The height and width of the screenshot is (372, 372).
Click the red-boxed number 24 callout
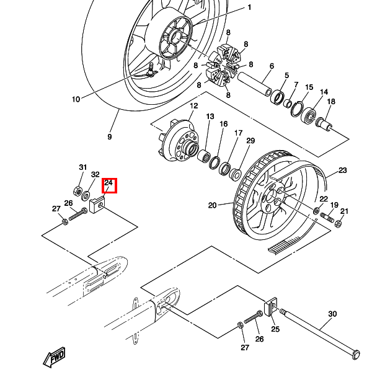109,185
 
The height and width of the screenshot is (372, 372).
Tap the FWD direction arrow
55,357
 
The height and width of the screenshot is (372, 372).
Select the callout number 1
249,7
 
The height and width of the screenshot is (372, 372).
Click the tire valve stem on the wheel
151,70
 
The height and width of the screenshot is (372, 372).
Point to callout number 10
76,99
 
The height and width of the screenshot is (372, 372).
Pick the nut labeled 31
77,190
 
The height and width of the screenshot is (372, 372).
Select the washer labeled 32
86,196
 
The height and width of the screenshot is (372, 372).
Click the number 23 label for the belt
342,170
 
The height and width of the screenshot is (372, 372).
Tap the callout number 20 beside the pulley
212,205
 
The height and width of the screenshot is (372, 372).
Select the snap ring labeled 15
297,109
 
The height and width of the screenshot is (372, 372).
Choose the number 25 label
275,329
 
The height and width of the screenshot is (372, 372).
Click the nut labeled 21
338,223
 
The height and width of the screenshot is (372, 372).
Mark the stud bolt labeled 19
327,218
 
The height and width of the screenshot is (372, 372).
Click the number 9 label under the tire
109,136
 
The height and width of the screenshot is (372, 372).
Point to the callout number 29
250,141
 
